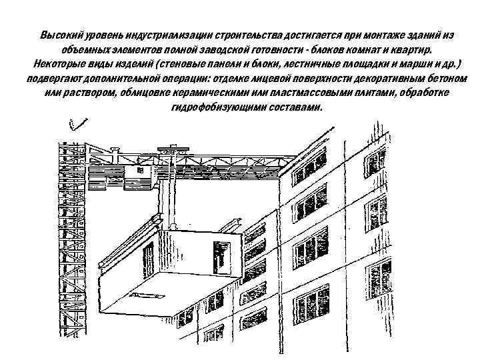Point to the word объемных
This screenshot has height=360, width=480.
tap(81, 50)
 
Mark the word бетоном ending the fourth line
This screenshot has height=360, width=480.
tap(436, 79)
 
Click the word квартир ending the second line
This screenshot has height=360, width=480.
tap(415, 50)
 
